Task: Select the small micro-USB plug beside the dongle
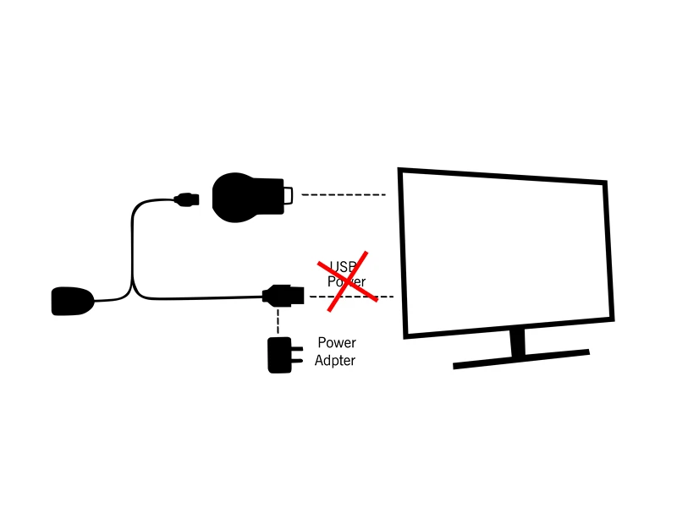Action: click(186, 200)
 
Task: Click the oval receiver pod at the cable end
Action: click(72, 301)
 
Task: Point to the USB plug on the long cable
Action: click(283, 296)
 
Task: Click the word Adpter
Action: click(335, 361)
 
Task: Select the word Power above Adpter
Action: click(337, 343)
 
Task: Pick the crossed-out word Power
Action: click(346, 281)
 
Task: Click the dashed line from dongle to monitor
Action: click(343, 195)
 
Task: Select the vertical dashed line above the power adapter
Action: click(278, 321)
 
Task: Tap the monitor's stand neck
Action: click(518, 341)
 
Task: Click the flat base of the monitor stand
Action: click(520, 358)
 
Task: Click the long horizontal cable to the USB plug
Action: click(203, 297)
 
